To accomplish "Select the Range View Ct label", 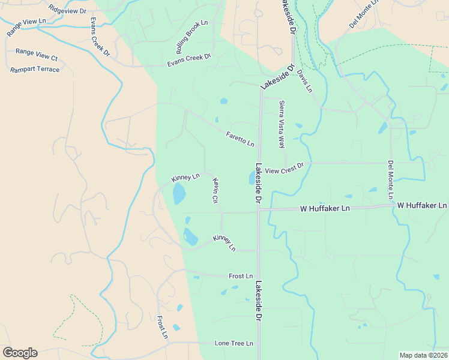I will tap(36, 55).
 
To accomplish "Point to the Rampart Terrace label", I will tap(35, 70).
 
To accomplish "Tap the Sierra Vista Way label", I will tap(281, 124).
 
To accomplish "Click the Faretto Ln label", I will tap(240, 139).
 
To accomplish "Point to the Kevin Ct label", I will tap(214, 190).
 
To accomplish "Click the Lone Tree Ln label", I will tap(234, 343).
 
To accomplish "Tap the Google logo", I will tap(20, 353).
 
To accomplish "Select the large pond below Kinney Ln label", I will tap(179, 194).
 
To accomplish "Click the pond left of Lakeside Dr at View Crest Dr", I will tap(250, 178).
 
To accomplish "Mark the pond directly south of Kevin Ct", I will tap(190, 236).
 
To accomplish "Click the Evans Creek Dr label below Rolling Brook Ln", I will tap(189, 59).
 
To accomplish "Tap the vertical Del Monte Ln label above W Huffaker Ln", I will tap(390, 179).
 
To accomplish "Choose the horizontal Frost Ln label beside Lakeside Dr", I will tap(241, 276).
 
